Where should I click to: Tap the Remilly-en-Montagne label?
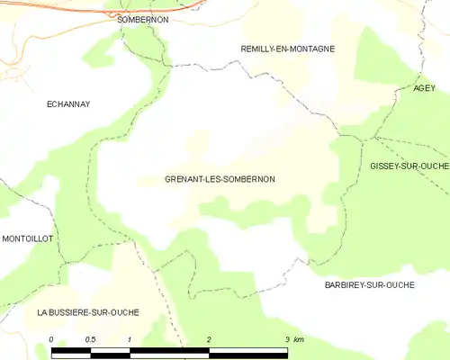(x=288, y=49)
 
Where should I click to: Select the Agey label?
(x=424, y=87)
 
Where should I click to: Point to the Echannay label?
(x=68, y=104)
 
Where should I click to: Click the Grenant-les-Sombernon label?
(x=220, y=179)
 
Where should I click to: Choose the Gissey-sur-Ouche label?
(x=409, y=166)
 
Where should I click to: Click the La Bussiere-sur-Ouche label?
(x=88, y=311)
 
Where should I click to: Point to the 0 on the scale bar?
(x=52, y=338)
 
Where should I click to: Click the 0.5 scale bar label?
(x=90, y=338)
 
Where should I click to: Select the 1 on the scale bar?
(x=130, y=338)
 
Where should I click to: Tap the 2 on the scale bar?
(x=209, y=338)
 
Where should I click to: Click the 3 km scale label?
(x=294, y=338)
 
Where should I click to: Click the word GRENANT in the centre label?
(x=186, y=179)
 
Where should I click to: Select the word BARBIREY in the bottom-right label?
(x=346, y=284)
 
